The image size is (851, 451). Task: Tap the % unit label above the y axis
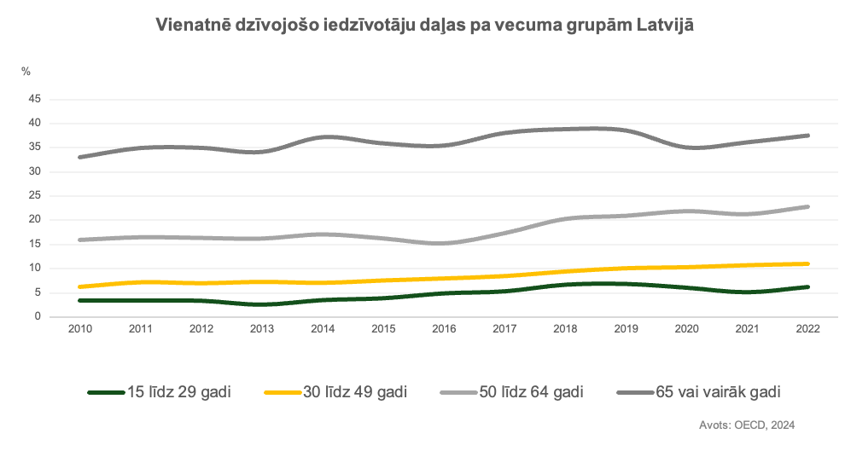click(26, 72)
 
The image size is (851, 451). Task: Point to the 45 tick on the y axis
click(35, 99)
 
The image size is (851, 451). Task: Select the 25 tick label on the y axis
click(35, 195)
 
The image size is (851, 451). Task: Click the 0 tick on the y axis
click(38, 316)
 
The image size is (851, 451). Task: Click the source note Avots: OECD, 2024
click(747, 424)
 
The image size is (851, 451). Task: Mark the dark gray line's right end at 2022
click(807, 136)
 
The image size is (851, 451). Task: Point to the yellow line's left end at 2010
click(79, 286)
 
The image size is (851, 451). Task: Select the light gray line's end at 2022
click(807, 206)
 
